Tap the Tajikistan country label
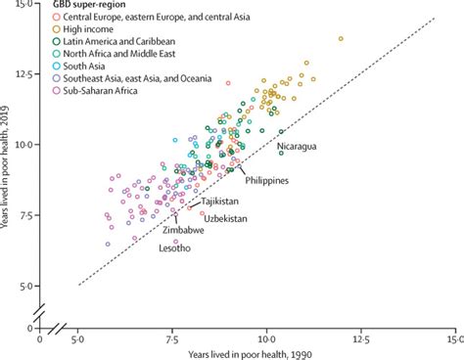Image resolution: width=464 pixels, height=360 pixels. pos(223,201)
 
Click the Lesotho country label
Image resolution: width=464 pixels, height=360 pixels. pos(175,248)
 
